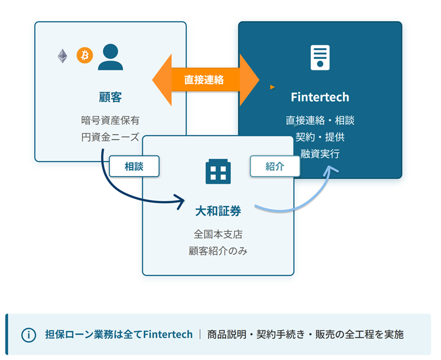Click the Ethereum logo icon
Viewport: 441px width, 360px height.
click(62, 56)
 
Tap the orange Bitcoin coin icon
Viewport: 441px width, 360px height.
click(85, 56)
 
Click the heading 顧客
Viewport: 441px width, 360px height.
click(110, 97)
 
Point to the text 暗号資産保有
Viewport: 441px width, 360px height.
click(110, 121)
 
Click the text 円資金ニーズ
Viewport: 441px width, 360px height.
click(110, 137)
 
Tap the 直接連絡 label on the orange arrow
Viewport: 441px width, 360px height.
click(204, 80)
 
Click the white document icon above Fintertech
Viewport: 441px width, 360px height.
click(320, 57)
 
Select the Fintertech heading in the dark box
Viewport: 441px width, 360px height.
click(320, 97)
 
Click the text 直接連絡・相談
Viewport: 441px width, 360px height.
click(320, 121)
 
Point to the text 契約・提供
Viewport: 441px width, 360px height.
click(320, 137)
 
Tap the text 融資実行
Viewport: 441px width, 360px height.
click(320, 153)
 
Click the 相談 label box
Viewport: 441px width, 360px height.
click(134, 166)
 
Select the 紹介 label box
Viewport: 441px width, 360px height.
click(275, 166)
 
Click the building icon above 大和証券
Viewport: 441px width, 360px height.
click(218, 172)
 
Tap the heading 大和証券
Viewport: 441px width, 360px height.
click(218, 211)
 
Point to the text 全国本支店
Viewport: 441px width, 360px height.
click(218, 235)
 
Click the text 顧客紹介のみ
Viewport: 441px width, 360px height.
click(218, 251)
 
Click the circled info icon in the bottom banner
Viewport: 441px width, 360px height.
click(28, 335)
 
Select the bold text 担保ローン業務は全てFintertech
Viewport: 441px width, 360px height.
click(119, 335)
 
